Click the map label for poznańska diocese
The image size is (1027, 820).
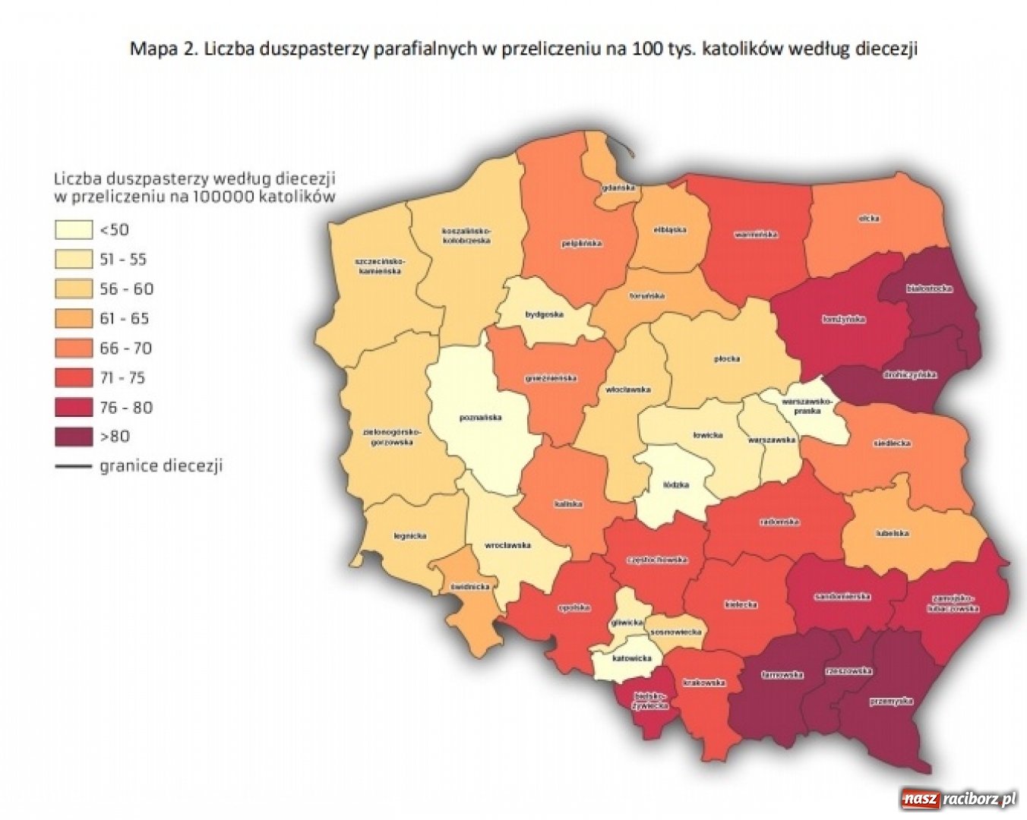480,418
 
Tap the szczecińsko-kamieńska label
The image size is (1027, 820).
381,266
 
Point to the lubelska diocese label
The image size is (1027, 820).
891,533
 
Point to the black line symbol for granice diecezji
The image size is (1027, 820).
73,466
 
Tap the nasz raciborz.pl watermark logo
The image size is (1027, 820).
958,799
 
